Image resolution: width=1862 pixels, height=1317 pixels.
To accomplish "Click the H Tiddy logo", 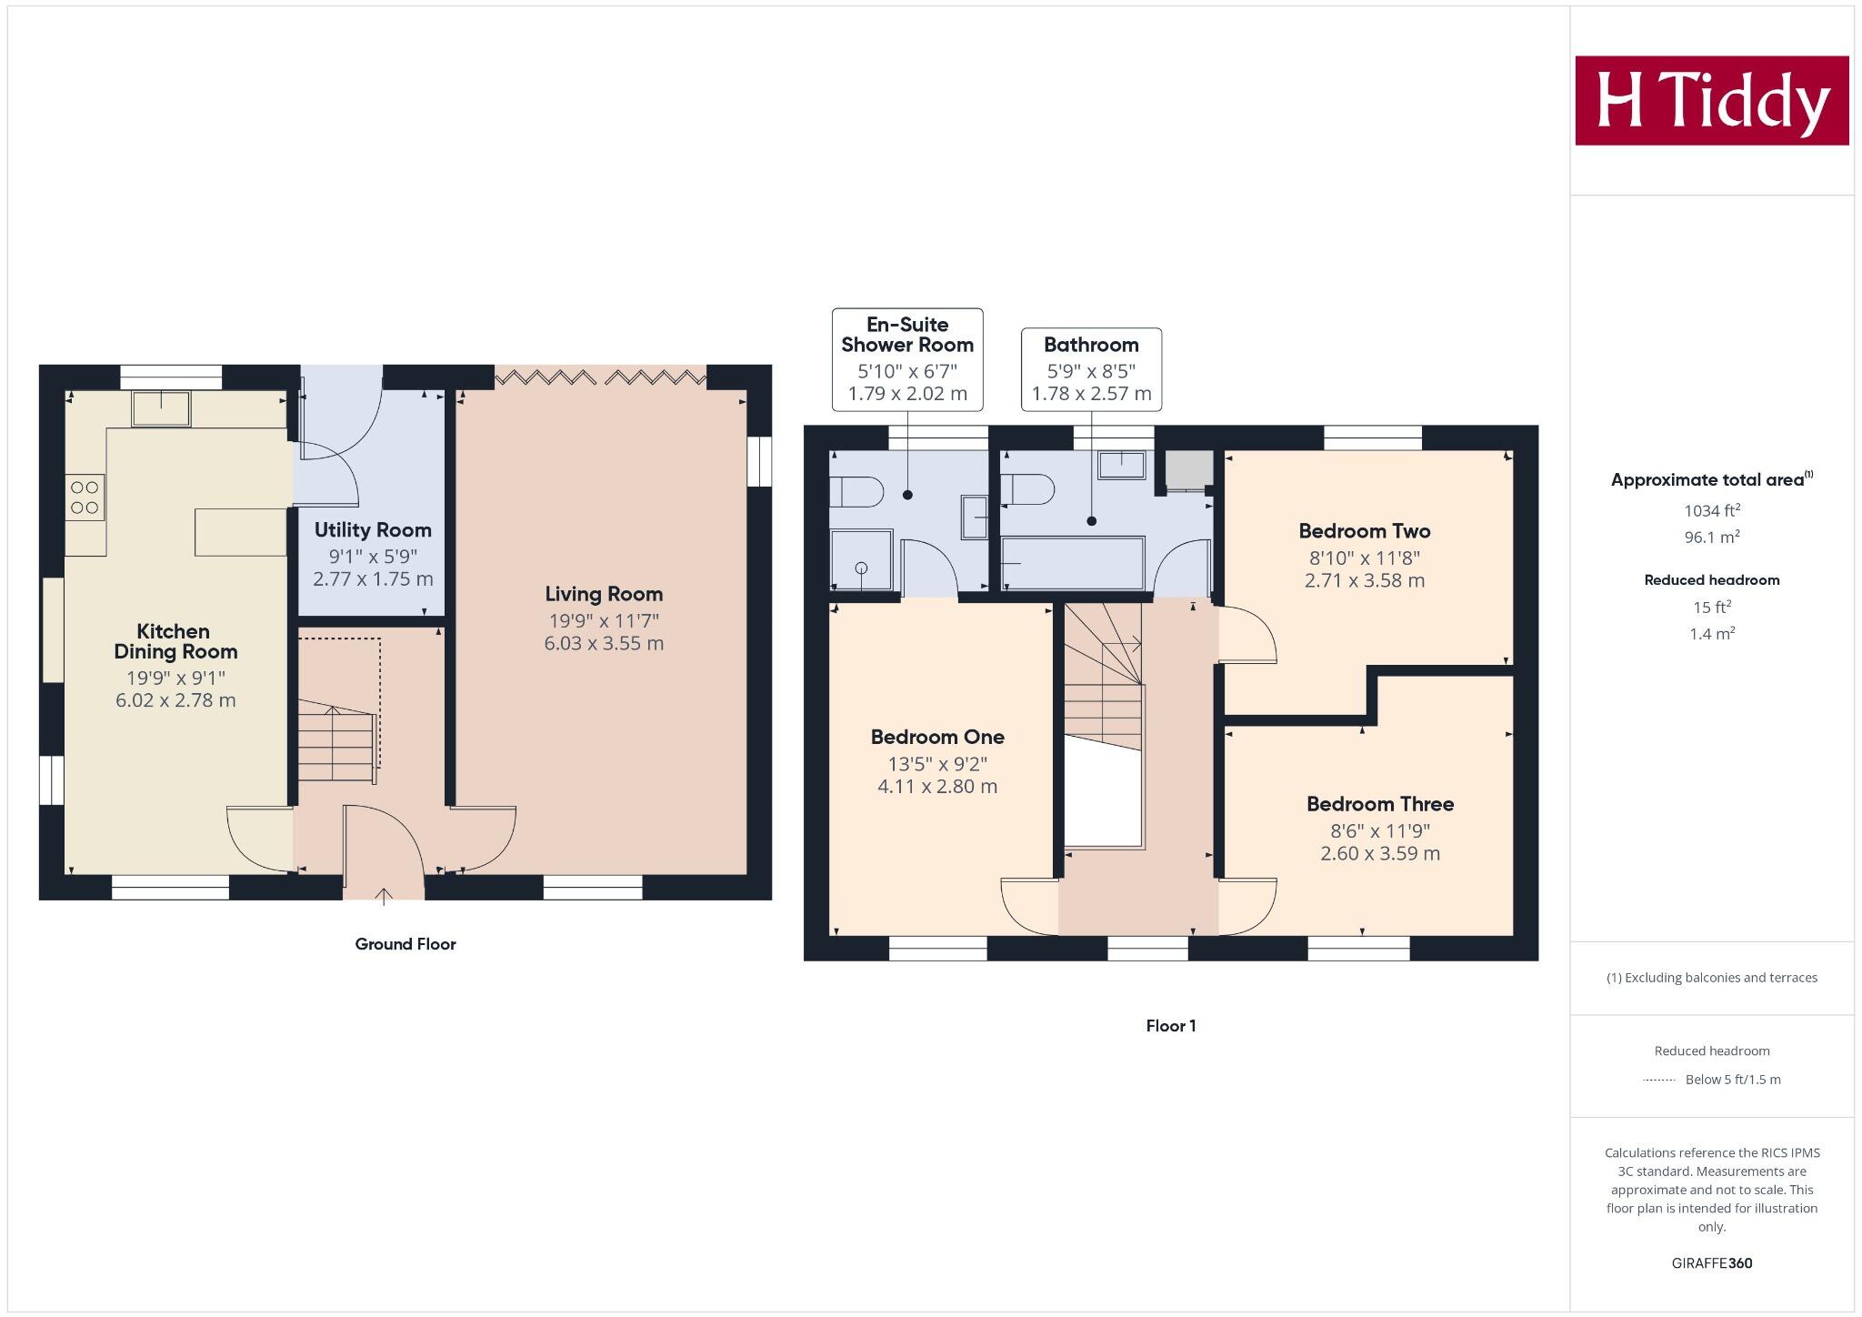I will pos(1711,100).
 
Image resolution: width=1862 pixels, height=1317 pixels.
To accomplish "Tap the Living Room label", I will pos(604,594).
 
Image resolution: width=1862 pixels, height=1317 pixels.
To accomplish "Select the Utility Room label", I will pos(373,530).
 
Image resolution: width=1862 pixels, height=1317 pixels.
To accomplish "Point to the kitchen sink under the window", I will pos(161,408).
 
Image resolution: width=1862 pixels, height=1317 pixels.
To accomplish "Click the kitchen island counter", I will pos(240,532).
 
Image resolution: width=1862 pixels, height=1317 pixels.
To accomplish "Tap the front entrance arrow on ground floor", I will pos(384,896).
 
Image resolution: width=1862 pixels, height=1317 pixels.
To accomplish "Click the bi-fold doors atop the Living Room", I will pos(600,376).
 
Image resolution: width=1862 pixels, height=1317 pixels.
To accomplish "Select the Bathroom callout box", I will pos(1091,369).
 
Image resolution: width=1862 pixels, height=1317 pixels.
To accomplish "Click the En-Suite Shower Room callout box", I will pos(907,358).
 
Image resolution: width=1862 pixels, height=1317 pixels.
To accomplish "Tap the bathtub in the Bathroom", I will pos(1072,563).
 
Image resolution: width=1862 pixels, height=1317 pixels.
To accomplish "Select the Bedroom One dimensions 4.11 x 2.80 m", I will pos(936,787).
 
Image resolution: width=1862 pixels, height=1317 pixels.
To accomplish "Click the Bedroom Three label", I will pos(1379,804).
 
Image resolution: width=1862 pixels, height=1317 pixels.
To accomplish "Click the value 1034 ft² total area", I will pos(1711,510).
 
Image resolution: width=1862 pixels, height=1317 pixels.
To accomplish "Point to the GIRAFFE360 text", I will pos(1711,1262).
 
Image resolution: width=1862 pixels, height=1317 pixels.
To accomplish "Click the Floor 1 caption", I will pos(1170,1026).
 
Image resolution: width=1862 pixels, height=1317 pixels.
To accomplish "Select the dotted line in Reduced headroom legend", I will pos(1659,1080).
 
